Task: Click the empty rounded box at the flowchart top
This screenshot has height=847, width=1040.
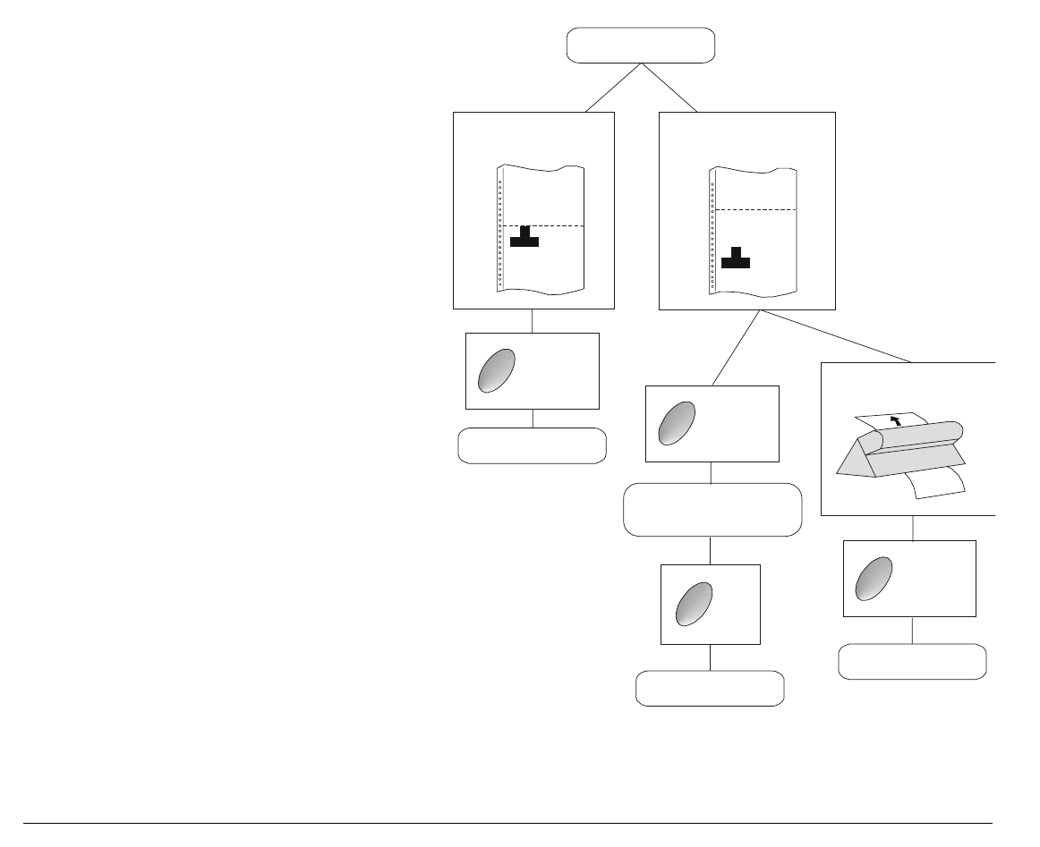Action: pos(641,46)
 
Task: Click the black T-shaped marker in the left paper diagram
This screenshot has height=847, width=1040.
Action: pos(524,238)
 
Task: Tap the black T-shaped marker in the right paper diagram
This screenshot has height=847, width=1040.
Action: pos(736,258)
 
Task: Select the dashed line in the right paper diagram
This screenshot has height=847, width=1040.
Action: pos(756,209)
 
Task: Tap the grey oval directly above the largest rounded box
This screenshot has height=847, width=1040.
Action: pos(677,423)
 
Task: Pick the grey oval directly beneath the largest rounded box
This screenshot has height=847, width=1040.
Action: pos(695,606)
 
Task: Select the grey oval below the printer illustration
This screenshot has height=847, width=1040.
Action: pos(874,579)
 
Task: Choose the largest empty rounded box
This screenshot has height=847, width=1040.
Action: pos(712,510)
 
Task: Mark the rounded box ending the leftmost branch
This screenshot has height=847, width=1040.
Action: pos(532,445)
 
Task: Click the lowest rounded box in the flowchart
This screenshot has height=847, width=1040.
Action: pos(710,689)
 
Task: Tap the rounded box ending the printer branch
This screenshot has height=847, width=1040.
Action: pos(912,661)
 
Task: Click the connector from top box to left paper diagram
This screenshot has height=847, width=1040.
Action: pos(613,88)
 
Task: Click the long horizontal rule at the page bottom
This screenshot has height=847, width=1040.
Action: pos(507,823)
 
